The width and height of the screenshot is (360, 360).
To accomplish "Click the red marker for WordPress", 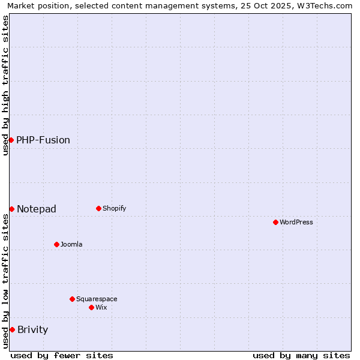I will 275,222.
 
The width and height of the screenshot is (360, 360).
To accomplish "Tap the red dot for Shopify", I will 98,208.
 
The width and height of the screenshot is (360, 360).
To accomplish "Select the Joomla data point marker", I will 56,244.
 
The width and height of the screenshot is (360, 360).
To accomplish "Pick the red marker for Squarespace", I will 72,299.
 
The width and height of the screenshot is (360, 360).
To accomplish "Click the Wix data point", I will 91,307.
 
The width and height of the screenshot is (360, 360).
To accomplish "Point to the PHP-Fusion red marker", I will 11,140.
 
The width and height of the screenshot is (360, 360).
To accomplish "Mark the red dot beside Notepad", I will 11,209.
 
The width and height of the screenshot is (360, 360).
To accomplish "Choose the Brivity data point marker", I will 12,329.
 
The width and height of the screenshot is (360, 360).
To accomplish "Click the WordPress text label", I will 296,223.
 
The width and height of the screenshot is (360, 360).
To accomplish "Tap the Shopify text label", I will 115,209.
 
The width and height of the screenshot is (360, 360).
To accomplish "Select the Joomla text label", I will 71,245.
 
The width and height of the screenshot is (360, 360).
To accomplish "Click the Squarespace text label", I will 97,299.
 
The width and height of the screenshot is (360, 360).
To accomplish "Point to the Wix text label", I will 101,308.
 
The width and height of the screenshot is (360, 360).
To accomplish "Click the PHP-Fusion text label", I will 43,140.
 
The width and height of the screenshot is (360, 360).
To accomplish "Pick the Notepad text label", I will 37,209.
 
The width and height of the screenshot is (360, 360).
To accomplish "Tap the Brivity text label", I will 33,330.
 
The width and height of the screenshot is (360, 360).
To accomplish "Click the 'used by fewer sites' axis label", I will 62,355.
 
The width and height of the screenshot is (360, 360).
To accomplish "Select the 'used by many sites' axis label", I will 301,355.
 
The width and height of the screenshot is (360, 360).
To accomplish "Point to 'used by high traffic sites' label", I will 5,85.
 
